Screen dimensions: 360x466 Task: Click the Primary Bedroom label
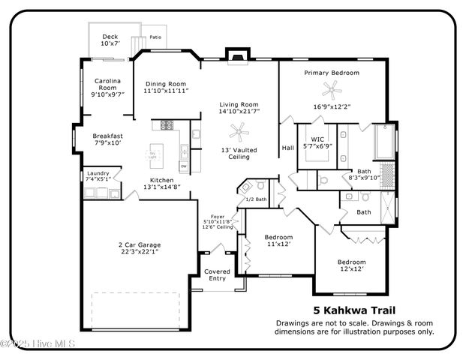point(331,73)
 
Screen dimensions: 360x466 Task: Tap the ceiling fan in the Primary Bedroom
point(330,91)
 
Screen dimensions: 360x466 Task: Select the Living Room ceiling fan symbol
point(239,133)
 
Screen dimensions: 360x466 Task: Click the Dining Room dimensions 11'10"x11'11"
point(165,90)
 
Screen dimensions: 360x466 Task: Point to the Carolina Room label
point(109,83)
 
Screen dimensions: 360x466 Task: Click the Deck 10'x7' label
point(110,40)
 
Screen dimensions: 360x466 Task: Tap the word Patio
point(155,37)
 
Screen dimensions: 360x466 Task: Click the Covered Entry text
point(217,274)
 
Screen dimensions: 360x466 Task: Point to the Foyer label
point(217,217)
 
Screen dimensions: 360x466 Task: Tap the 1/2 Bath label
point(257,199)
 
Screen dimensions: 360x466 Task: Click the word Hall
point(287,148)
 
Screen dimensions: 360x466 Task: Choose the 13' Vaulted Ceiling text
point(239,153)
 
